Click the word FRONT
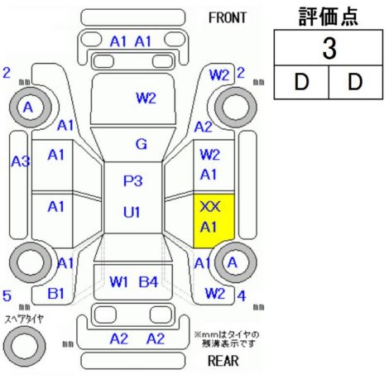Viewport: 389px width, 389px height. [227, 18]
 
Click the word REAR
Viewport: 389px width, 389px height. [223, 360]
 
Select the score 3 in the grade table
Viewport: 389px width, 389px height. [329, 49]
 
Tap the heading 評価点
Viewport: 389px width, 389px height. [329, 17]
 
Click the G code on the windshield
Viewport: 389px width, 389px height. [142, 144]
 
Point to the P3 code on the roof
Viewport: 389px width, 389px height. [132, 181]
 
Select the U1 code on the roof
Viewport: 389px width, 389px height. [132, 212]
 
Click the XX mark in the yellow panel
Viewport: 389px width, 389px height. [210, 207]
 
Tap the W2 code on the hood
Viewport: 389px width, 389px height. [146, 98]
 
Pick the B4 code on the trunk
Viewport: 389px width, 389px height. [148, 281]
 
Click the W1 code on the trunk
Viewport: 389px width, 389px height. [119, 281]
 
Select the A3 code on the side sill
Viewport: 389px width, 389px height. [21, 161]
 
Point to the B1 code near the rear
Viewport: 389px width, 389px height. [55, 294]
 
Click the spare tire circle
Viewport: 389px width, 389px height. [25, 346]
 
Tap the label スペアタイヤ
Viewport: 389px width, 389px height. [24, 319]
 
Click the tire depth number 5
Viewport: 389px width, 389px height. [7, 295]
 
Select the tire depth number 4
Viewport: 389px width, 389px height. [242, 296]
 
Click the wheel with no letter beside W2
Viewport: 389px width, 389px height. [236, 107]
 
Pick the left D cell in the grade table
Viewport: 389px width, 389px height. [301, 82]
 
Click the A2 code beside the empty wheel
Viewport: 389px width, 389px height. [204, 127]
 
